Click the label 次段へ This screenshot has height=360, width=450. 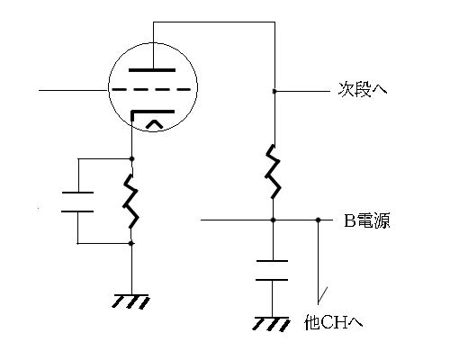[x=363, y=89]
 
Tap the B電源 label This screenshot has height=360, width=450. [x=366, y=220]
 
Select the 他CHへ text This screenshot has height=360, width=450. [x=333, y=322]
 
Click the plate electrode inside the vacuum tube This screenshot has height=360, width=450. [x=152, y=70]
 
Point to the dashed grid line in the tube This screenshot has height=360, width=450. [x=151, y=89]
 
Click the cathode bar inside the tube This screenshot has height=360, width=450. [x=153, y=112]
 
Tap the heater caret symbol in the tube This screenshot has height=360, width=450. [x=155, y=124]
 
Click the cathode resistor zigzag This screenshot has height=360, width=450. [x=130, y=201]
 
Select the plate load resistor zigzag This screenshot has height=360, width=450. [x=273, y=172]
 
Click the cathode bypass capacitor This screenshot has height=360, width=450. [x=77, y=202]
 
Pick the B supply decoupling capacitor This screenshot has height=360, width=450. [x=272, y=270]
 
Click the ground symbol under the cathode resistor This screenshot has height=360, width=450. [x=130, y=301]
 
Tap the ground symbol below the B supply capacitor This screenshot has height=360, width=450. [x=271, y=324]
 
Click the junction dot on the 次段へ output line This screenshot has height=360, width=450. [x=274, y=91]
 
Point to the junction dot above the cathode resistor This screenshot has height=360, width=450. [x=131, y=158]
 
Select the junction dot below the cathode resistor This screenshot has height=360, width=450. [x=130, y=243]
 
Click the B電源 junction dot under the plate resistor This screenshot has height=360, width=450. [x=273, y=220]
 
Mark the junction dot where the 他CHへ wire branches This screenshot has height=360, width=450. [x=319, y=220]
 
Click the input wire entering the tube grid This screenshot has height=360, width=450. [x=74, y=90]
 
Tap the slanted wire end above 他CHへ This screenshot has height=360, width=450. [x=322, y=294]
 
